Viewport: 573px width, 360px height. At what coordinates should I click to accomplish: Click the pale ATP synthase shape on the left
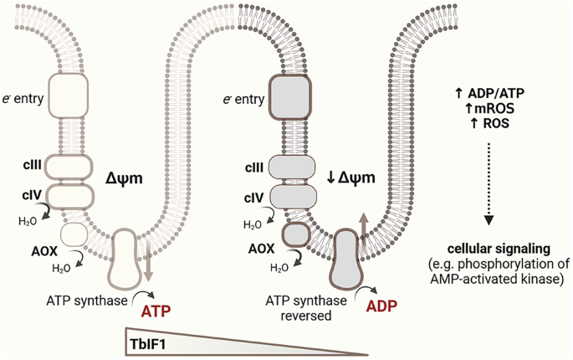[x=130, y=259]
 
